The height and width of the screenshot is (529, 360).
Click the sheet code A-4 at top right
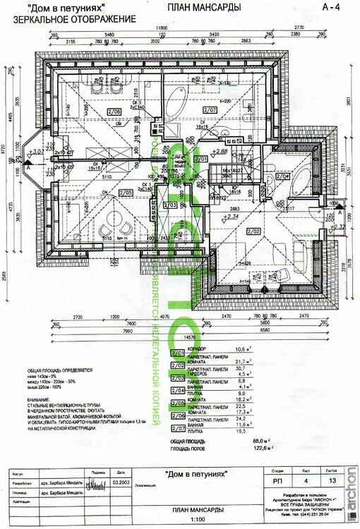tap(330, 7)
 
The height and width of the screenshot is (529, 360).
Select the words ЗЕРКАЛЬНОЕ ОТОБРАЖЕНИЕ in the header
tap(69, 18)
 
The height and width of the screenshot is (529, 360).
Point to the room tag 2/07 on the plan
tap(210, 110)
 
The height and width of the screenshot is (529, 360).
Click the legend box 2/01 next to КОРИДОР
tap(179, 349)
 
